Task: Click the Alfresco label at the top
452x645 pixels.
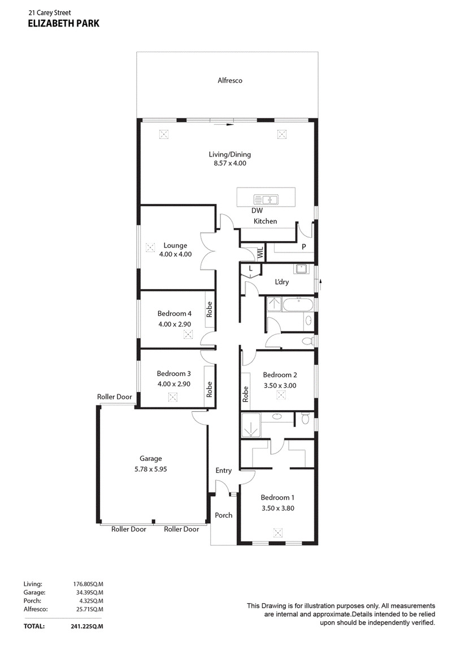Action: click(230, 81)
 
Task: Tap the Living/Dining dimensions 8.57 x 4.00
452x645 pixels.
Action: click(230, 163)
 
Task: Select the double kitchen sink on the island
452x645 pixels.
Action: click(266, 200)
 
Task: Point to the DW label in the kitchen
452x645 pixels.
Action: click(257, 211)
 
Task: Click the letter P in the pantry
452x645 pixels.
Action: click(304, 247)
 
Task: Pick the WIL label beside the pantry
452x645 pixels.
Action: click(260, 253)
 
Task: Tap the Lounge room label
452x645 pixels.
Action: click(175, 246)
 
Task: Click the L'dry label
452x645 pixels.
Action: click(281, 282)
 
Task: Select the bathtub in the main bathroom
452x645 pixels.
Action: click(298, 305)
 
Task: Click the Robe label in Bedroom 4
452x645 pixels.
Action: click(210, 309)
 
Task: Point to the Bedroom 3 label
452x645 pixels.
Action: click(173, 373)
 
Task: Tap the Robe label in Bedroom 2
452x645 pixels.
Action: click(246, 394)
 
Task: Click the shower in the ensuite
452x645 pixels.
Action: click(250, 425)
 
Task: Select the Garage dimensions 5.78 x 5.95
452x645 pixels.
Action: click(151, 469)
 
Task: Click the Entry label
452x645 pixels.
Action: click(224, 470)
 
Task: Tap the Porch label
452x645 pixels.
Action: click(224, 516)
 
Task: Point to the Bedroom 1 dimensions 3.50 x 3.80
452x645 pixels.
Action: click(278, 508)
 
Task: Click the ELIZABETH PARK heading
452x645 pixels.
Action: click(64, 24)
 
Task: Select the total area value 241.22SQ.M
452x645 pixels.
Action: click(87, 626)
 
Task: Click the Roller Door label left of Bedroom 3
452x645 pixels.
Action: click(115, 397)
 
